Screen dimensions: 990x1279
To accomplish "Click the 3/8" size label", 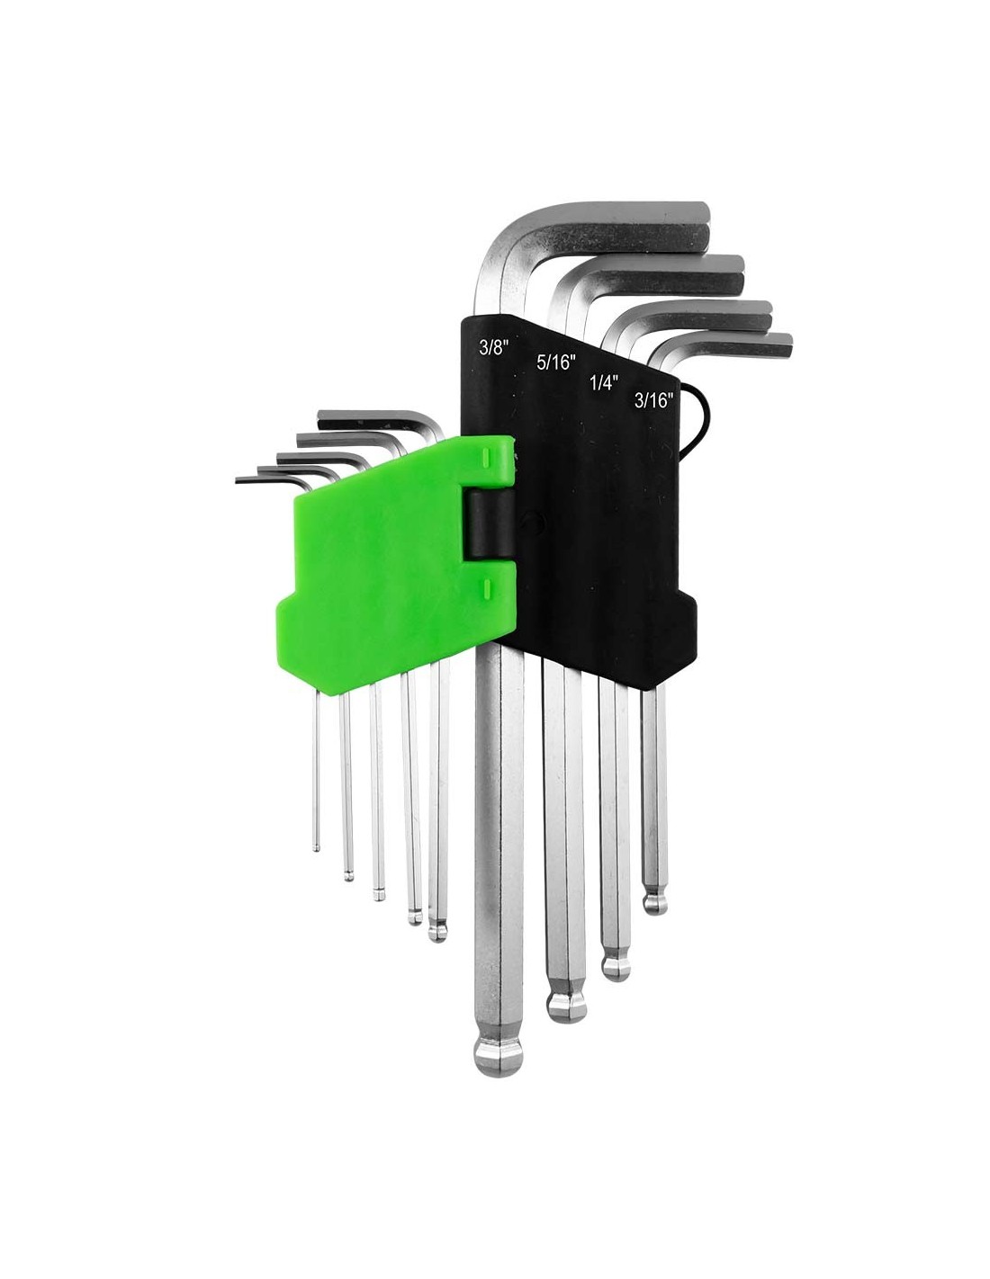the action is (493, 348).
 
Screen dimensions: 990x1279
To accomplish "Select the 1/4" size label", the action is (603, 383).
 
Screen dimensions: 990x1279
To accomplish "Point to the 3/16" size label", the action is (653, 400).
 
